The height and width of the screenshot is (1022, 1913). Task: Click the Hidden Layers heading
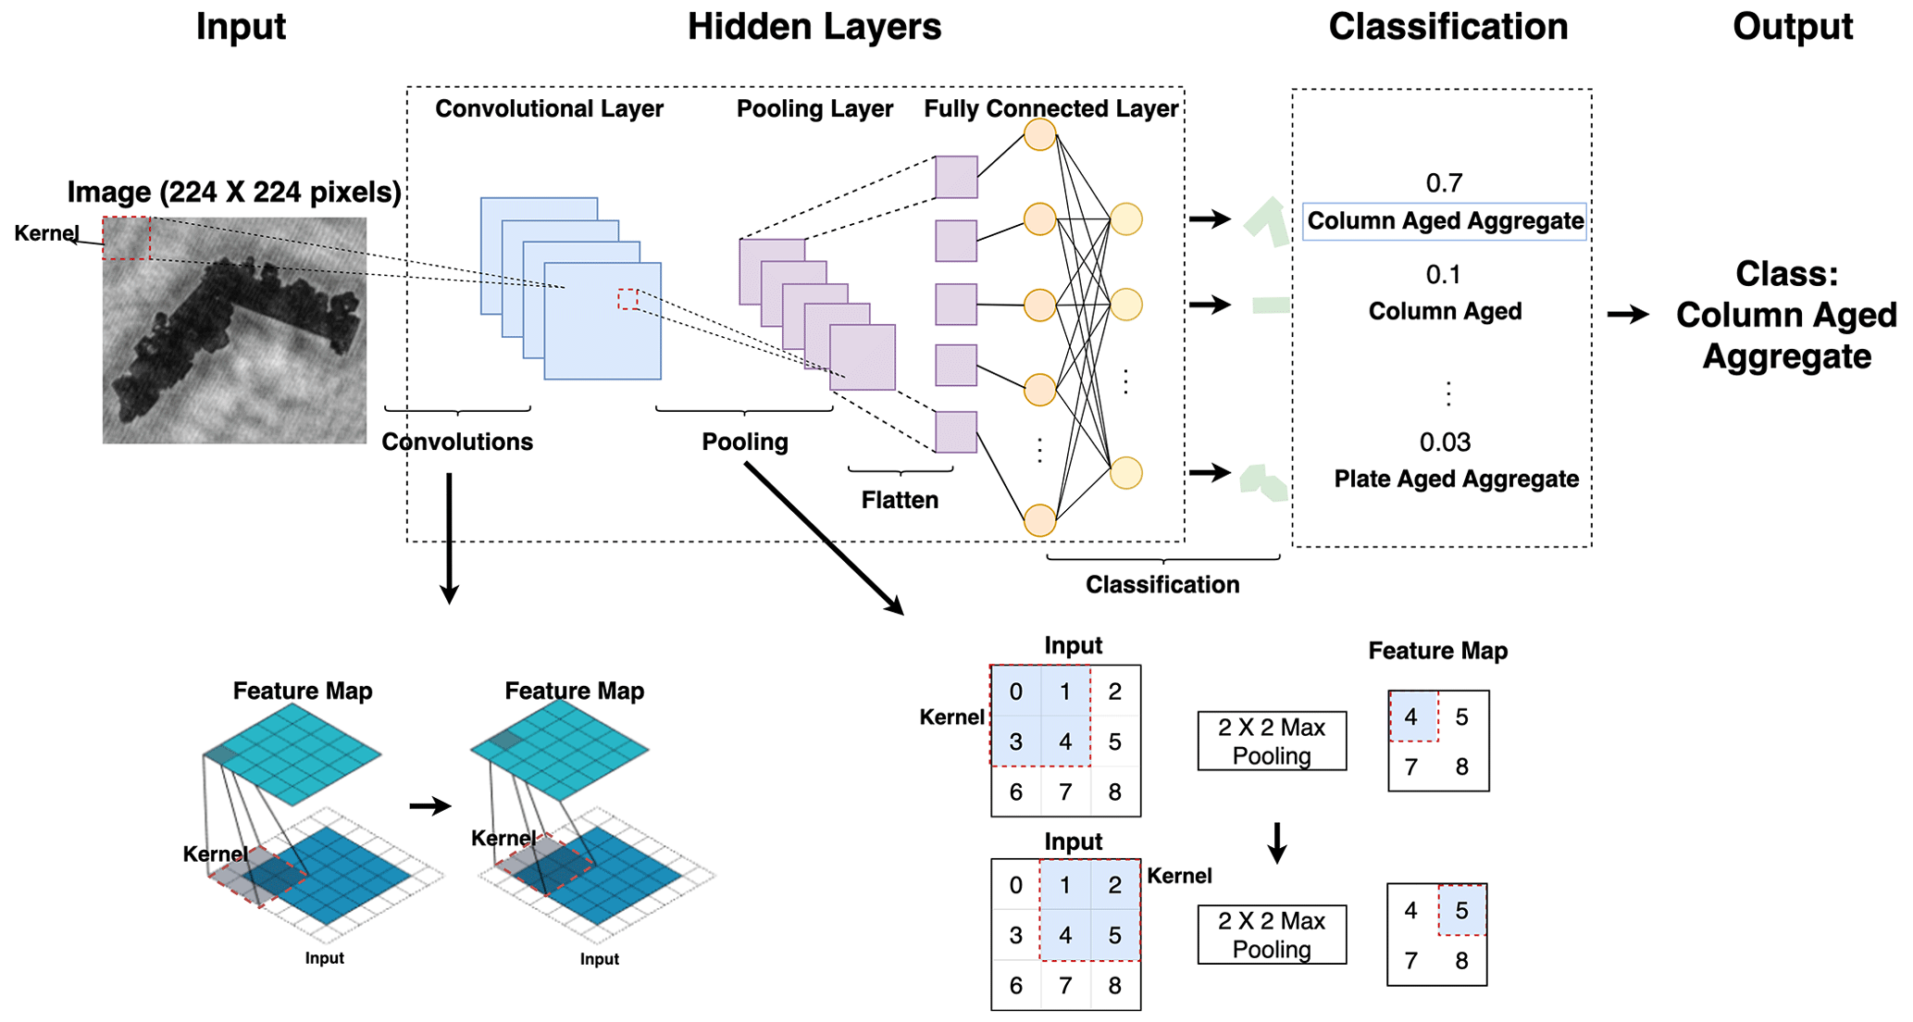click(x=814, y=27)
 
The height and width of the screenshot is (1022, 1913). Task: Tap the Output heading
click(x=1792, y=27)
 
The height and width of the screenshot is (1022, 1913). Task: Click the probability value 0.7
click(x=1444, y=183)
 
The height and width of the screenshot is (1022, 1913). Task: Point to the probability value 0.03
click(x=1445, y=442)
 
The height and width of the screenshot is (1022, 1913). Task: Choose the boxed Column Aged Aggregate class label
click(x=1445, y=221)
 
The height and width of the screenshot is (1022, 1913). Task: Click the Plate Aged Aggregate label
click(x=1456, y=479)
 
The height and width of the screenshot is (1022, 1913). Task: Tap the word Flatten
click(x=900, y=500)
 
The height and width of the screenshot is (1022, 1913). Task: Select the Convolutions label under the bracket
click(x=457, y=442)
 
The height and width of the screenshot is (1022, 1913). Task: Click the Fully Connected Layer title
click(x=1050, y=109)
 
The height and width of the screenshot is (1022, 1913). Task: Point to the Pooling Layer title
click(x=814, y=109)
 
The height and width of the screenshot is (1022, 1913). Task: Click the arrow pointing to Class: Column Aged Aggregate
click(x=1627, y=315)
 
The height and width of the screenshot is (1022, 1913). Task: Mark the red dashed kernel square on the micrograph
click(x=126, y=238)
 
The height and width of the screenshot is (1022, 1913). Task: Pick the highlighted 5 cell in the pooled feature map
click(x=1461, y=910)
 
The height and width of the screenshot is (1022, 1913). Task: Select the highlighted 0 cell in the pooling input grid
click(x=1016, y=692)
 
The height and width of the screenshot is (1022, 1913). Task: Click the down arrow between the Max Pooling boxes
click(x=1277, y=841)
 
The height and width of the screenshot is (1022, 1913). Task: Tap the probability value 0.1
click(x=1443, y=275)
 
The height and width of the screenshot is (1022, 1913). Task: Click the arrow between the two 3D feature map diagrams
click(x=429, y=806)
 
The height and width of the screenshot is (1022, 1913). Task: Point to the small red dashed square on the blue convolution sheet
click(x=628, y=299)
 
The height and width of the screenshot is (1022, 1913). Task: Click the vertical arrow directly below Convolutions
click(x=449, y=537)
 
